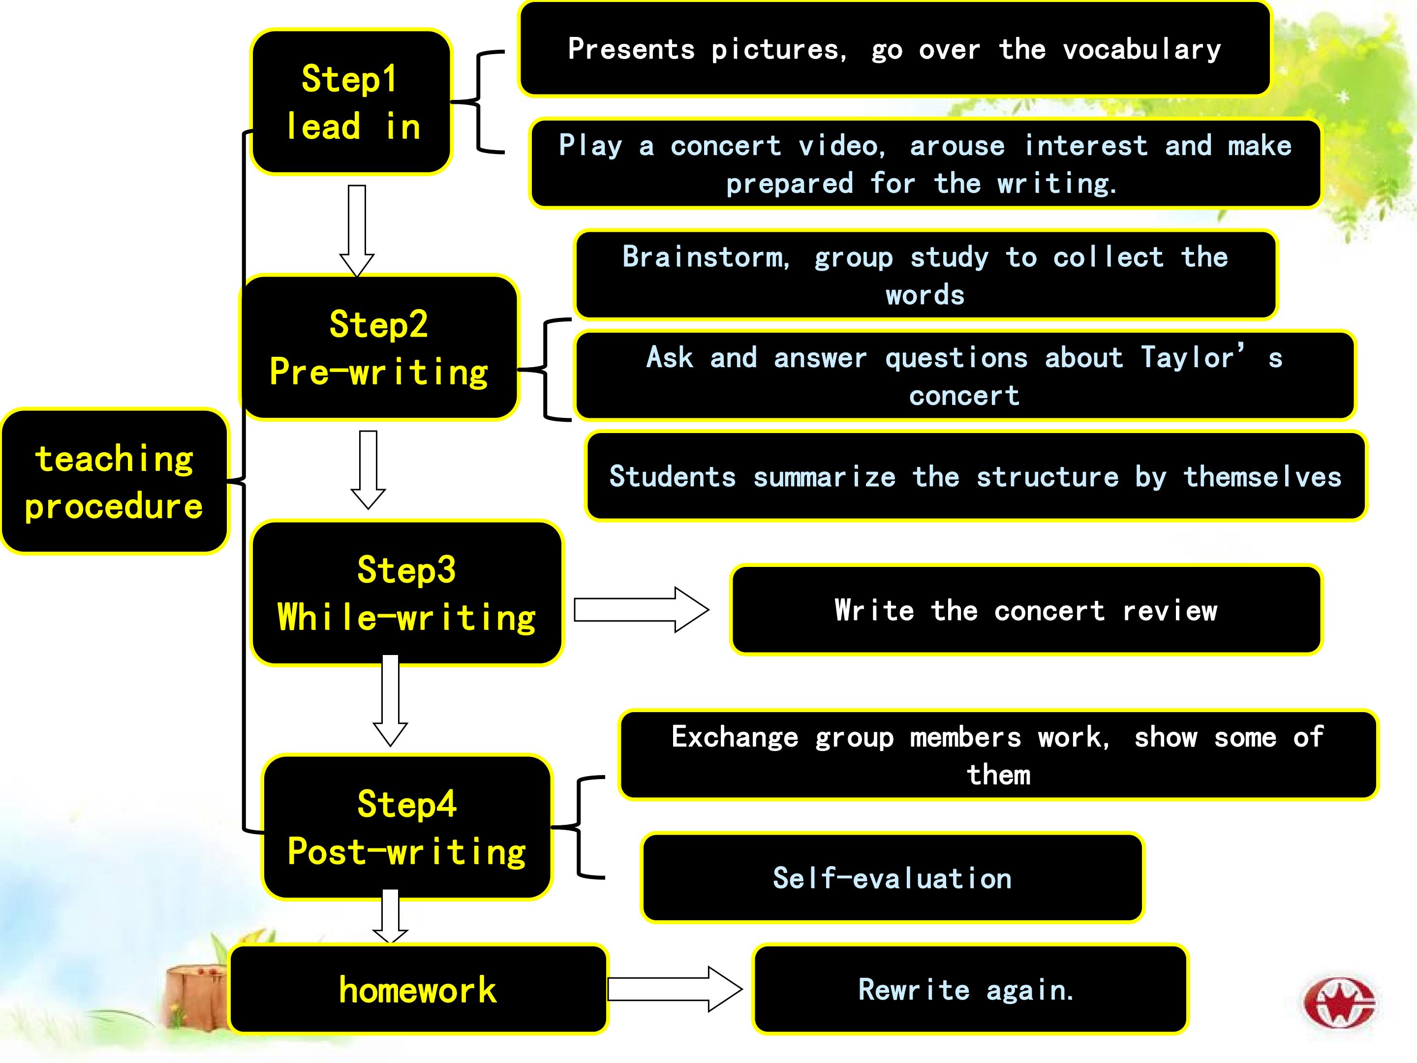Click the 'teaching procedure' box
point(115,481)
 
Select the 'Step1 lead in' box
point(351,102)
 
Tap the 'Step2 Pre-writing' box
point(379,347)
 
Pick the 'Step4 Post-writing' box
point(407,827)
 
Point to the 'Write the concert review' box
point(1026,610)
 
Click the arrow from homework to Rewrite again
point(675,989)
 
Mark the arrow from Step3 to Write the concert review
point(641,610)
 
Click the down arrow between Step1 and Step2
point(357,231)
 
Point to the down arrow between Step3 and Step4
point(390,700)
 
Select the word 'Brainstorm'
point(706,257)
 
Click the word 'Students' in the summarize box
point(673,477)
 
